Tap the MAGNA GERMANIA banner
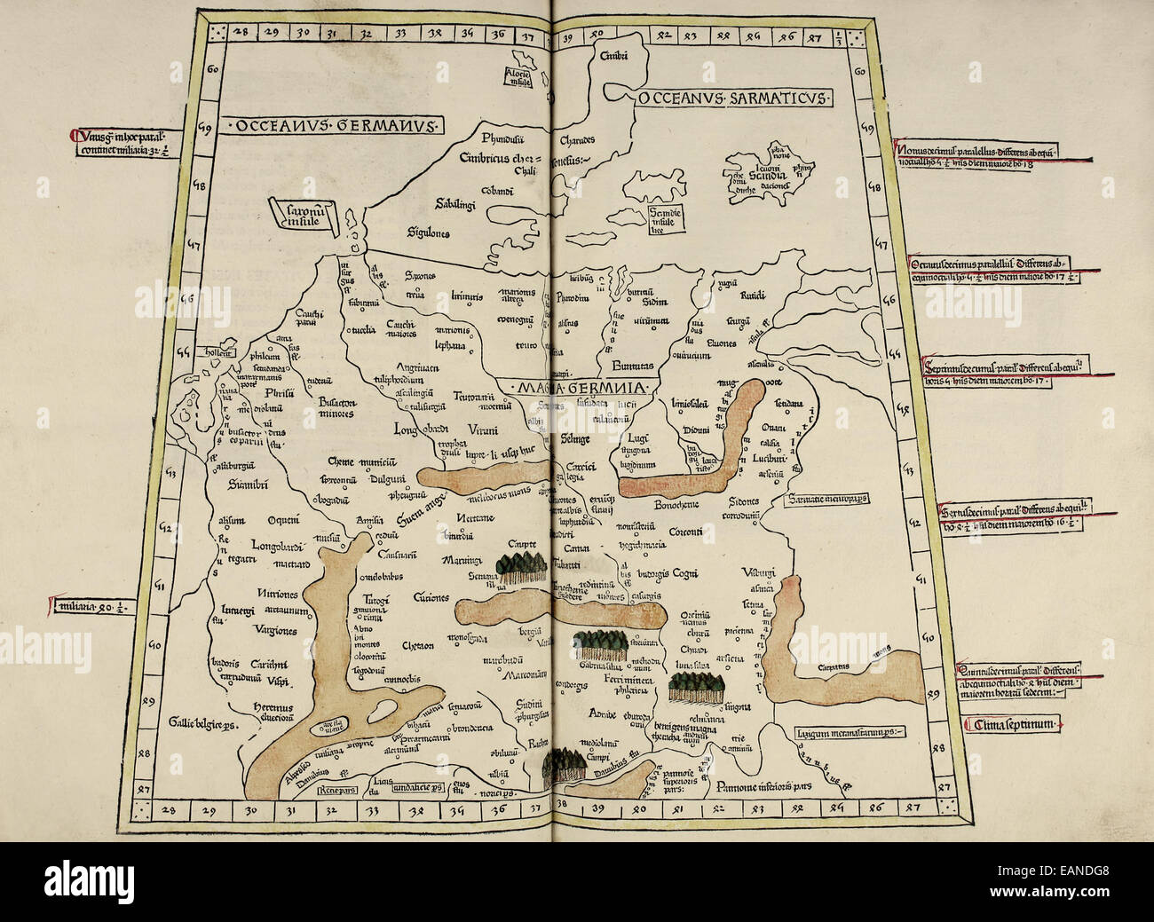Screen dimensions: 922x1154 click(573, 389)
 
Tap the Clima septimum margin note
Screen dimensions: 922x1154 click(1010, 725)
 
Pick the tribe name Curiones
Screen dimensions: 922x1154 click(432, 599)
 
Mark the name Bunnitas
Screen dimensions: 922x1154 click(631, 364)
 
